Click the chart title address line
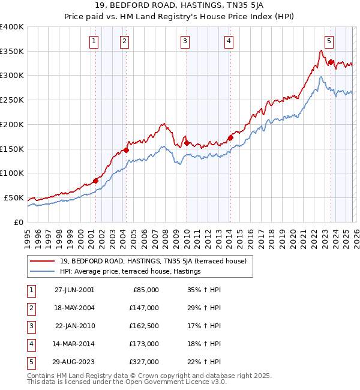(179, 7)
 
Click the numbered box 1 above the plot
(95, 41)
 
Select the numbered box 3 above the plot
(185, 41)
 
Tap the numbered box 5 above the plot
(329, 41)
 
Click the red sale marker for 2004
(126, 150)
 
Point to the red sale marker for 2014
(230, 137)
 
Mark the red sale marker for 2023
(331, 62)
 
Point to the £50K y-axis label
(14, 197)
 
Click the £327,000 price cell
(145, 362)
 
